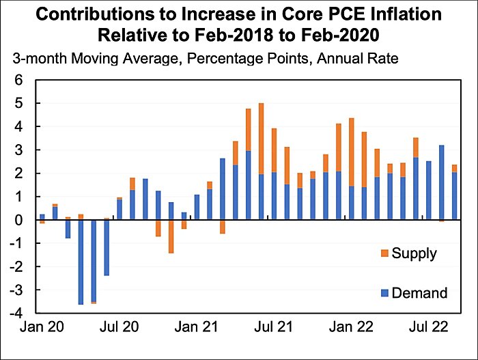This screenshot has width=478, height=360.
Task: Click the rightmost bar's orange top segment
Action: [454, 168]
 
